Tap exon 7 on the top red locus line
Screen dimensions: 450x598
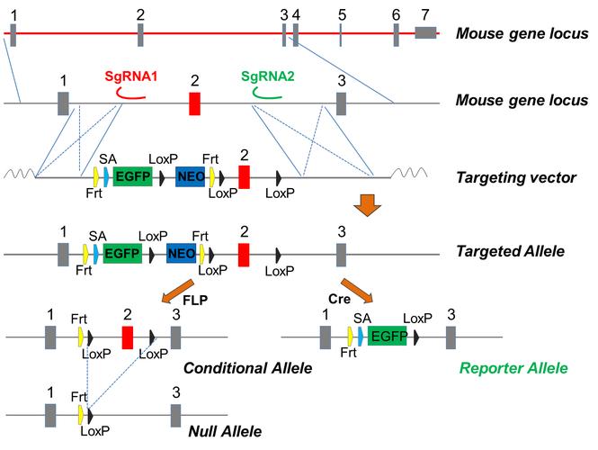click(425, 32)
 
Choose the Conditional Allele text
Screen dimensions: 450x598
click(246, 368)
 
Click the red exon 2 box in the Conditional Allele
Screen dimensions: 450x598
click(128, 337)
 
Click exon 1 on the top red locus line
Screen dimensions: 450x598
click(12, 33)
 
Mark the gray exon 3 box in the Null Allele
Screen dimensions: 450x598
click(176, 415)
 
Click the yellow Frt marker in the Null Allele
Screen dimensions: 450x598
click(81, 415)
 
